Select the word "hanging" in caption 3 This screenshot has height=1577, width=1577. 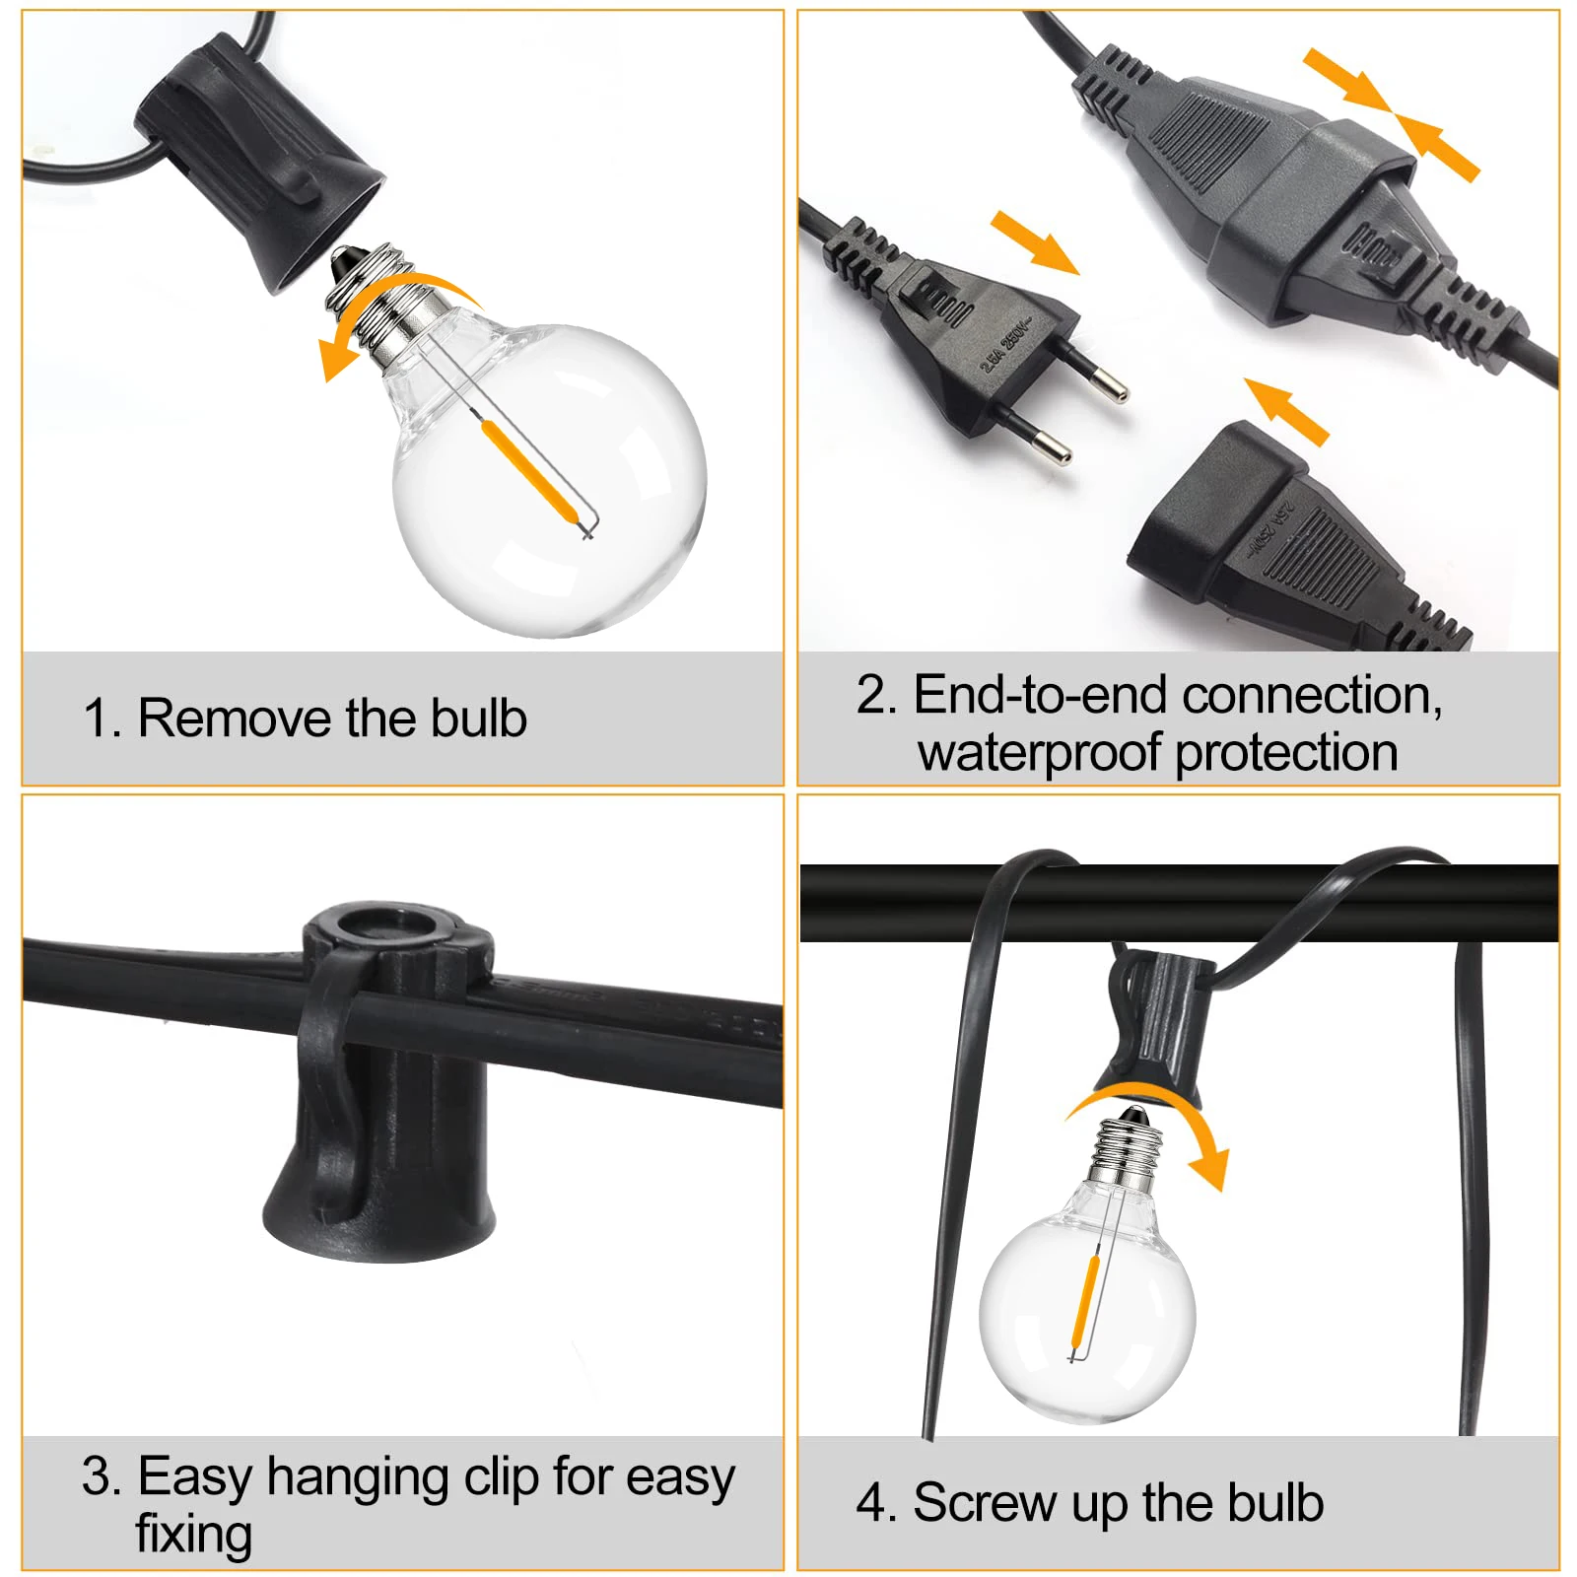click(359, 1477)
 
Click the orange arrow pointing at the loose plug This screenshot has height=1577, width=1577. click(1035, 240)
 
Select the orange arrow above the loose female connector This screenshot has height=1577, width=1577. click(1287, 410)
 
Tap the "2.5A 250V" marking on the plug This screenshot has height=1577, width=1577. click(1003, 344)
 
